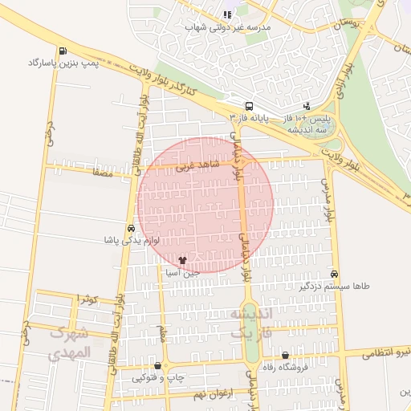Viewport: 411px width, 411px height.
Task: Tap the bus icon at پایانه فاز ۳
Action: tap(249, 106)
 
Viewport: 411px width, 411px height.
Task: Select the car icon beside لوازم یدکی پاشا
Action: tap(131, 228)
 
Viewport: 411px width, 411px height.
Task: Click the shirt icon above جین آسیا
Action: tap(183, 261)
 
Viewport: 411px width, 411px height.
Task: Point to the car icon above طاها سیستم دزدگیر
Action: tap(334, 274)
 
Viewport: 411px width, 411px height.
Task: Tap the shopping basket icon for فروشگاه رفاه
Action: tap(286, 356)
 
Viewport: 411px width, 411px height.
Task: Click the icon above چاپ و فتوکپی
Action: tap(157, 366)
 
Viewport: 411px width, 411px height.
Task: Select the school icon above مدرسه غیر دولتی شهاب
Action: tap(228, 14)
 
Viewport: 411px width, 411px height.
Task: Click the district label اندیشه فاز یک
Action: tap(251, 320)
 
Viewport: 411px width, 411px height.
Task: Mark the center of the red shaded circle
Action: tap(205, 205)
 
